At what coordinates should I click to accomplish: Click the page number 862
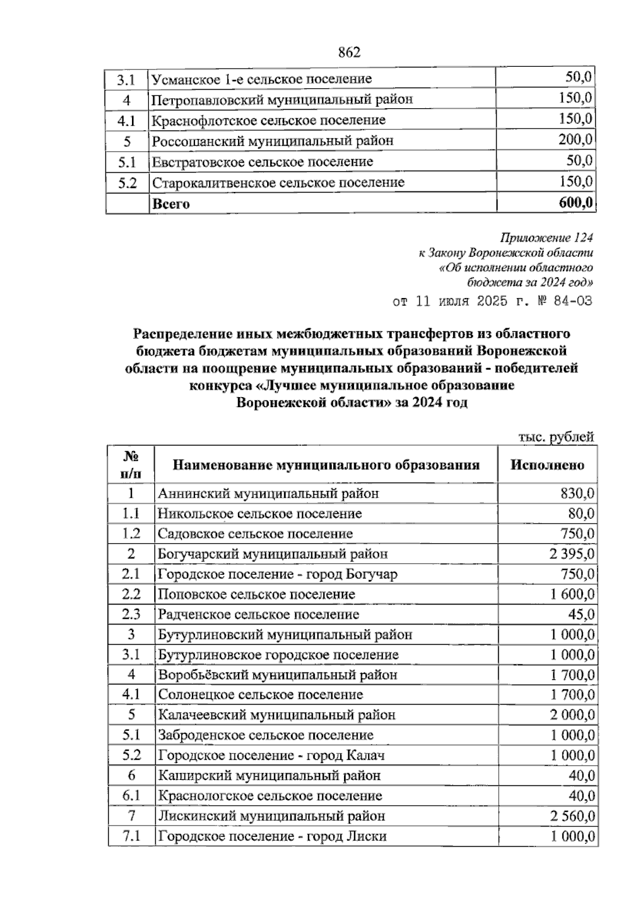coord(349,52)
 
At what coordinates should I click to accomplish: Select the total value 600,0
coord(575,203)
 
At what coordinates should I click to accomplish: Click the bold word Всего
coord(171,204)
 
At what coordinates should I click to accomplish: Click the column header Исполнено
coord(547,465)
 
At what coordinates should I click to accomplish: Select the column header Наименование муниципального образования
coord(326,465)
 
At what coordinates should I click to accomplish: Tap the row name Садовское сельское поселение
coord(255,534)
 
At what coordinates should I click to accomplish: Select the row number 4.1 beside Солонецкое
coord(131,695)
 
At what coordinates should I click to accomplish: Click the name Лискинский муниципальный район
coord(271,816)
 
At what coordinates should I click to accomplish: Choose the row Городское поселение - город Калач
coord(271,756)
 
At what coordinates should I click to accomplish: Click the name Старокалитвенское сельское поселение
coord(278,183)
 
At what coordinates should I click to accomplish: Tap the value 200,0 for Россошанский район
coord(575,141)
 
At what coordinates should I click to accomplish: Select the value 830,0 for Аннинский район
coord(577,494)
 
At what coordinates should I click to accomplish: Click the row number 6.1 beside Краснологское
coord(131,796)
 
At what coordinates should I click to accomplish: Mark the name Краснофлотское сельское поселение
coord(269,120)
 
